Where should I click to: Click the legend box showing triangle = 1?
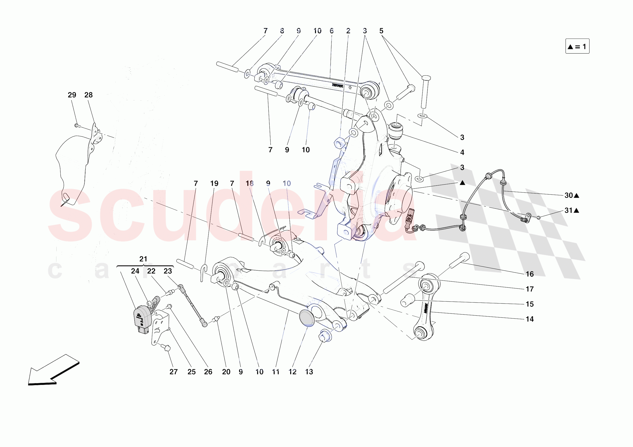[x=577, y=46]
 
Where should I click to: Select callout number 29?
[x=72, y=95]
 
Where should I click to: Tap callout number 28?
[x=88, y=95]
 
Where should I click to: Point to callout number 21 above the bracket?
[x=143, y=259]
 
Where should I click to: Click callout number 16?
[x=529, y=274]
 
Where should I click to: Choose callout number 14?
[x=529, y=319]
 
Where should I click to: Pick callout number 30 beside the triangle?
[x=569, y=195]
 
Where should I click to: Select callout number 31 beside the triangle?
[x=569, y=211]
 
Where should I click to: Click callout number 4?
[x=462, y=153]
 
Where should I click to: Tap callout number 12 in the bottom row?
[x=292, y=372]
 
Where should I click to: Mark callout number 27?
[x=173, y=372]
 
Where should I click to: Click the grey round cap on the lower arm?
[x=306, y=318]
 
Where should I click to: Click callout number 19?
[x=214, y=184]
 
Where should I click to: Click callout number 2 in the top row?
[x=348, y=31]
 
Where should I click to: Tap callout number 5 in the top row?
[x=381, y=31]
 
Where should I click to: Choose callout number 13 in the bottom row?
[x=309, y=372]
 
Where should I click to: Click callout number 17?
[x=529, y=289]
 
